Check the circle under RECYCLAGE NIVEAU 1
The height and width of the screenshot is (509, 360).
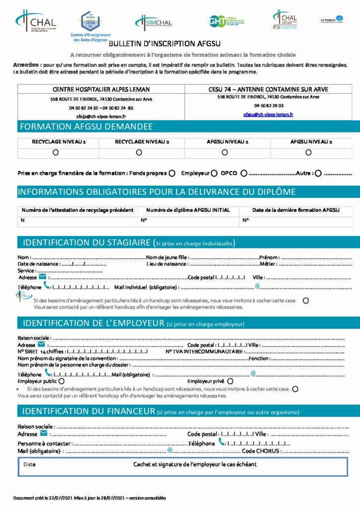[x=56, y=152]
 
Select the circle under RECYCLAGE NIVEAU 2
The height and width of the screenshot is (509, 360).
[x=139, y=152]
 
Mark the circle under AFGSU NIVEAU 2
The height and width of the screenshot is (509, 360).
[x=308, y=152]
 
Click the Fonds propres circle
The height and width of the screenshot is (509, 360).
[x=172, y=173]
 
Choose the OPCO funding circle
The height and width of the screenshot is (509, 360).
[x=244, y=173]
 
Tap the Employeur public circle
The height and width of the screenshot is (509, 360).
[x=62, y=381]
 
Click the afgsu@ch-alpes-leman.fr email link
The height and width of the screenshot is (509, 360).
[x=268, y=114]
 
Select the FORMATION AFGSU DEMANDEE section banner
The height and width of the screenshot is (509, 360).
[x=86, y=127]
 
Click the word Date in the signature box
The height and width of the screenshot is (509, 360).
[x=29, y=464]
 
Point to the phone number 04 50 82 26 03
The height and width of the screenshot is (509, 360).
[x=269, y=105]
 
